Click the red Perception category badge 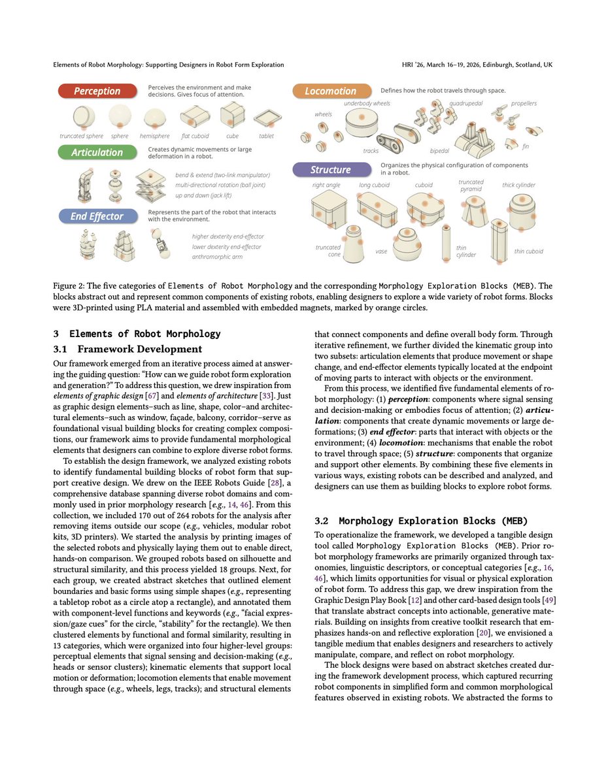[97, 91]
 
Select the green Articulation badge [97, 152]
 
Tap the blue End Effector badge [97, 216]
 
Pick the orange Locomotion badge [330, 91]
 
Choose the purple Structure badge [330, 170]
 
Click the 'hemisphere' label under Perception [155, 136]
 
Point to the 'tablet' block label [266, 136]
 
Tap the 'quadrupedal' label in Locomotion [465, 103]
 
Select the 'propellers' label [524, 103]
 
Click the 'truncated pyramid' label [471, 186]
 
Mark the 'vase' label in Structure [381, 251]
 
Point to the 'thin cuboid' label [528, 251]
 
